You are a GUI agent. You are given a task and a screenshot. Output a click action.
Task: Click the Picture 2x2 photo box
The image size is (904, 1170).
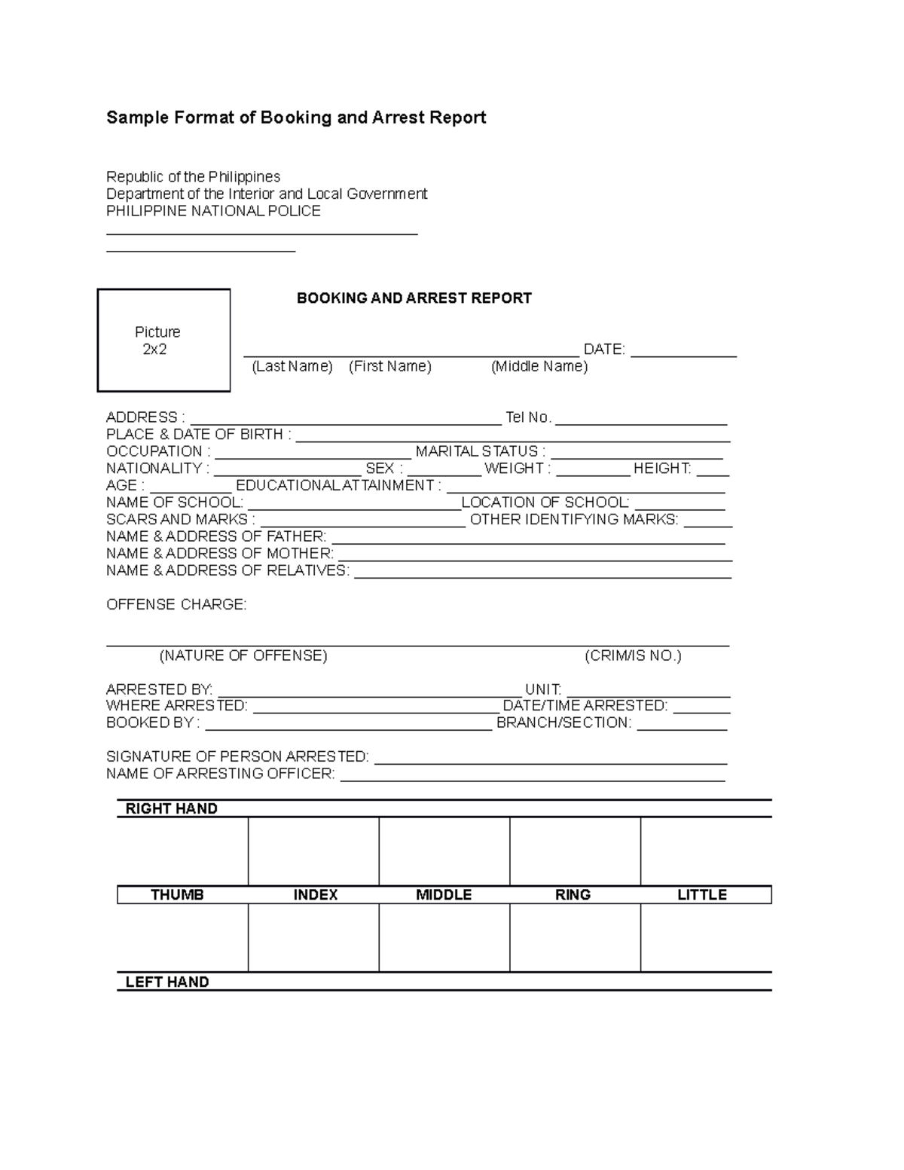163,341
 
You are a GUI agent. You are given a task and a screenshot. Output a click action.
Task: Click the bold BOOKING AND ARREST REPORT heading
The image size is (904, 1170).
414,298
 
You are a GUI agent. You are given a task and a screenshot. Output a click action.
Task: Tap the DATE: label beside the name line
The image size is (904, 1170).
604,350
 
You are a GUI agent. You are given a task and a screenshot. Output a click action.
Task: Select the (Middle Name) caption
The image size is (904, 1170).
539,367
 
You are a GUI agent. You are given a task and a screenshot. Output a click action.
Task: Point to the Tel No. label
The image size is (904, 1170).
529,417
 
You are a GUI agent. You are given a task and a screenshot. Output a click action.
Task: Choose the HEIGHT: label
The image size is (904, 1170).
662,469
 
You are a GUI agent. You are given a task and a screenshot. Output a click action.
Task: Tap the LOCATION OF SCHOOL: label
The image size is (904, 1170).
545,503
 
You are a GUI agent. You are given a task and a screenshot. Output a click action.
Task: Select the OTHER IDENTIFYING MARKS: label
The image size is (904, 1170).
574,520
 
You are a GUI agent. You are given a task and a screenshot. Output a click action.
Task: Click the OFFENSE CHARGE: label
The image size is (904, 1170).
176,605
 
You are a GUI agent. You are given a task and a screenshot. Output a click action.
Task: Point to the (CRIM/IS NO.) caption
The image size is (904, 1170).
633,656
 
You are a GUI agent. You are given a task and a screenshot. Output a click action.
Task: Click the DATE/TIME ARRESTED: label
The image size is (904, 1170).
585,706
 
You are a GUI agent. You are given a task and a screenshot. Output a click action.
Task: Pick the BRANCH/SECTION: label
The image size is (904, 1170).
563,723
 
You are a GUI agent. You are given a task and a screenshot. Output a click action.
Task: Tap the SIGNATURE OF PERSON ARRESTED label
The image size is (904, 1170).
237,757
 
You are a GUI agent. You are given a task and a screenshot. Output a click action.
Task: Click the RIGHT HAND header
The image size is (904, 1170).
171,809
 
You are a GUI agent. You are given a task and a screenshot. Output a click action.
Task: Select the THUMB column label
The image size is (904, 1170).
177,895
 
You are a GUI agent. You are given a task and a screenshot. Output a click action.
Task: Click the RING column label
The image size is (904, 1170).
573,895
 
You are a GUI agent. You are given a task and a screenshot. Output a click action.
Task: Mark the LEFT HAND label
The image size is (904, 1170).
166,982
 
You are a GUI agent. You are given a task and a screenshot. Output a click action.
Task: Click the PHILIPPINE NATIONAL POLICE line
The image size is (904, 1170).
213,212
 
